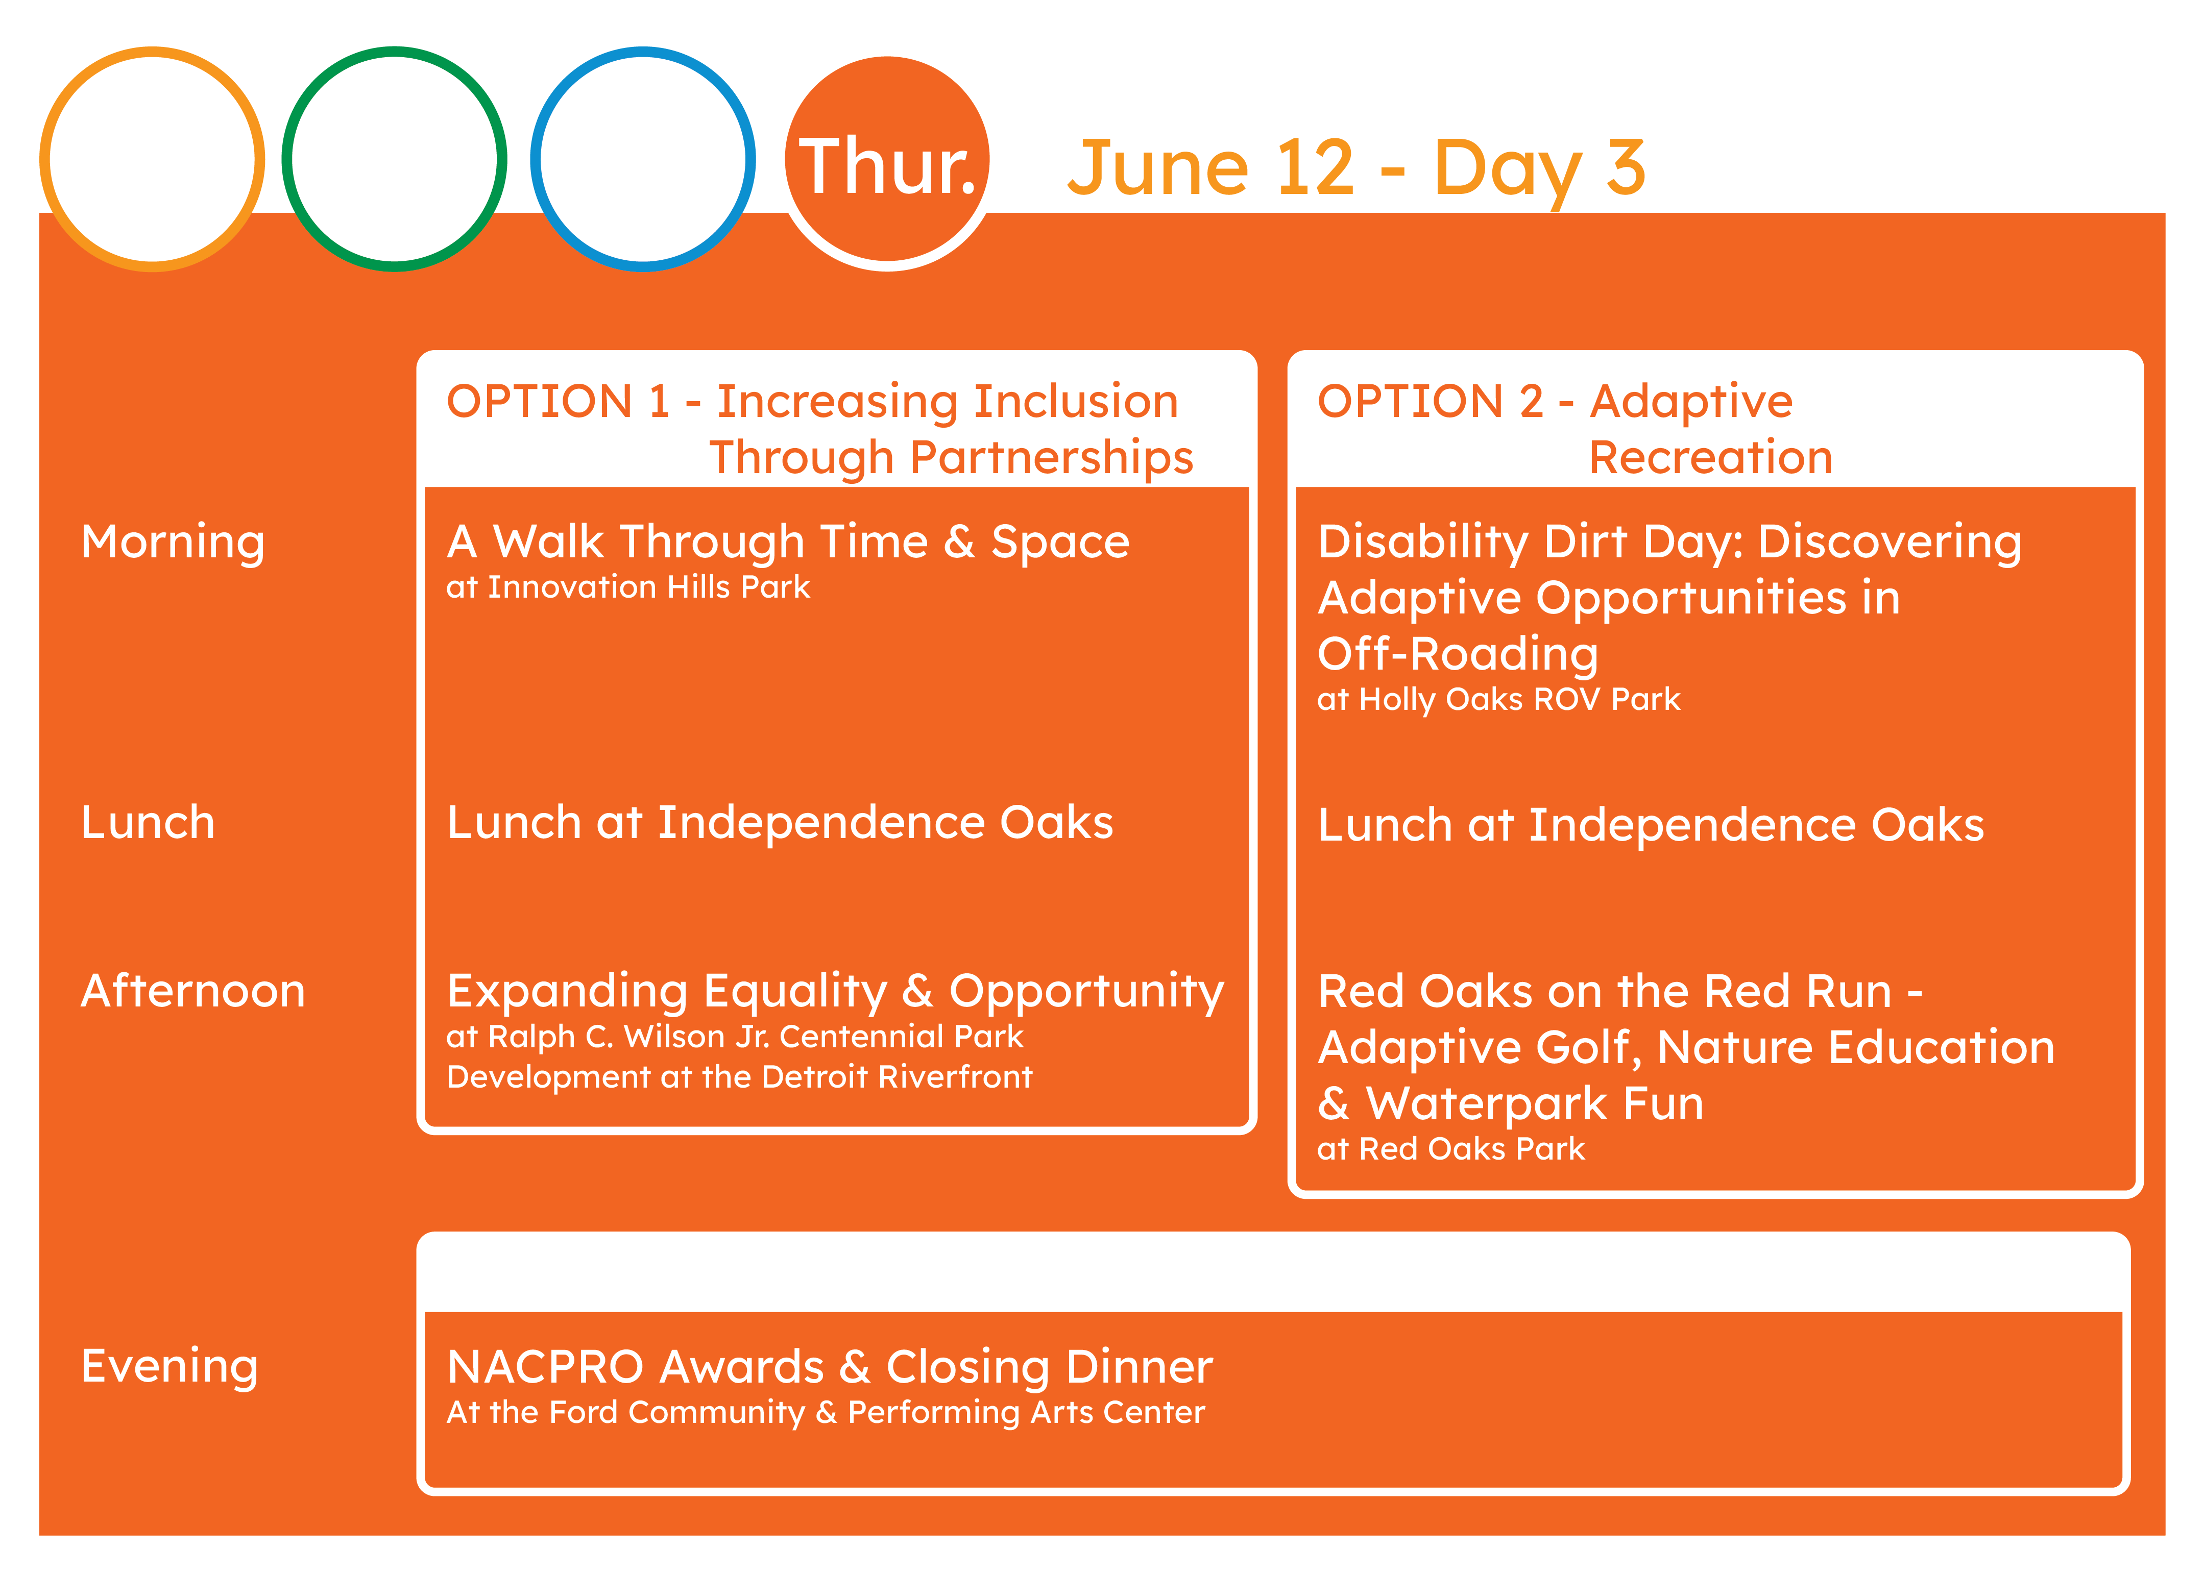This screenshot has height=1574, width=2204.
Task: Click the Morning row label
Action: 173,543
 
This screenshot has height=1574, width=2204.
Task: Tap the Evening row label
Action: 169,1367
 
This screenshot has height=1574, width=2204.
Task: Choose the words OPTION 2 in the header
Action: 1430,401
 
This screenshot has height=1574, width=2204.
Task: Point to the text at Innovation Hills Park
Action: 627,587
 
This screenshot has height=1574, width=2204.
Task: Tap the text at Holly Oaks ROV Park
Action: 1498,700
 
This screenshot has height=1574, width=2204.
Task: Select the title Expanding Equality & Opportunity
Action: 836,993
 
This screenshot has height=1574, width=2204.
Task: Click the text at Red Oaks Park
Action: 1450,1149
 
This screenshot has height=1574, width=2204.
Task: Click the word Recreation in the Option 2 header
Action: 1710,457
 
